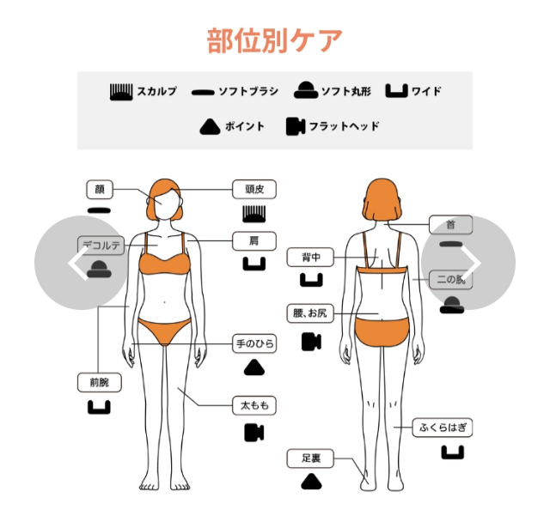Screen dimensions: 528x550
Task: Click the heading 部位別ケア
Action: pos(275,40)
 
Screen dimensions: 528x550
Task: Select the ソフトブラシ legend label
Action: pos(247,91)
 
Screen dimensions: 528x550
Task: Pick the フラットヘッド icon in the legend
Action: pos(297,126)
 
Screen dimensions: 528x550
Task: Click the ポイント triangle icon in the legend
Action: pos(211,126)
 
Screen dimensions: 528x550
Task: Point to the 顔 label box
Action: pos(100,190)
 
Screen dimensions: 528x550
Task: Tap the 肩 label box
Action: pos(254,241)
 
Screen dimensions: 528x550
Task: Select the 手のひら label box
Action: pos(255,344)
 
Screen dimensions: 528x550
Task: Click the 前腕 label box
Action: pos(99,383)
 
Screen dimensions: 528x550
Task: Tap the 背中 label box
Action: pos(310,257)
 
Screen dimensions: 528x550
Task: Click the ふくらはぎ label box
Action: pos(445,427)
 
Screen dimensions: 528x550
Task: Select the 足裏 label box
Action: pos(310,458)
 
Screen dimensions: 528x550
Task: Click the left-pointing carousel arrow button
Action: pos(82,262)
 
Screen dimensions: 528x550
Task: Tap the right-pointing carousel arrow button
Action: pos(468,262)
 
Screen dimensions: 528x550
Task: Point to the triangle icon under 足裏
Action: pos(310,482)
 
